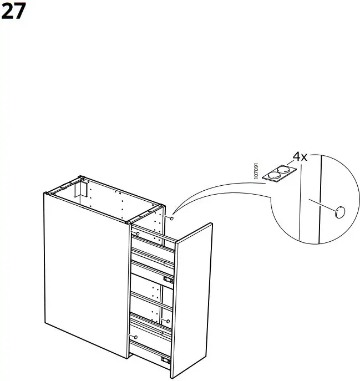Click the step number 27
13,12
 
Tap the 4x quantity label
300,157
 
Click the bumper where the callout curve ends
172,218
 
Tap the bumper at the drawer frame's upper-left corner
137,234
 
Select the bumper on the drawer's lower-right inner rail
166,321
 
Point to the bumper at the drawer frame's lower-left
134,337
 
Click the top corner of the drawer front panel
211,223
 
